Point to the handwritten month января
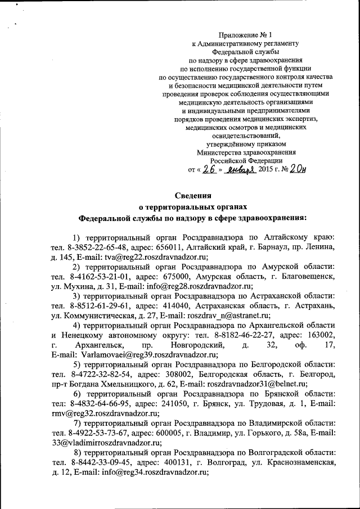[238, 169]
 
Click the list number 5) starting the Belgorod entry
[78, 364]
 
